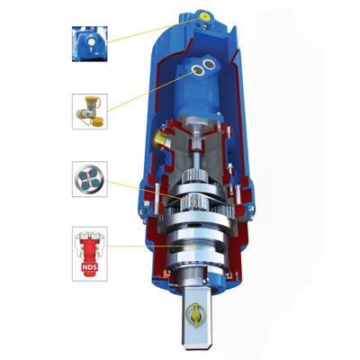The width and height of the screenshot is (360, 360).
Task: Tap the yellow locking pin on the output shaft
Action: [x=194, y=314]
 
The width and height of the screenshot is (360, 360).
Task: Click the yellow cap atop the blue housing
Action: [x=205, y=15]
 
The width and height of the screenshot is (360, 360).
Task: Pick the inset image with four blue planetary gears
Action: [x=90, y=179]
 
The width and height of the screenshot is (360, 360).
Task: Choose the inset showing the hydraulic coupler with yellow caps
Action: [x=90, y=112]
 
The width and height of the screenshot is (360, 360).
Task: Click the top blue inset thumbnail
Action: [x=90, y=44]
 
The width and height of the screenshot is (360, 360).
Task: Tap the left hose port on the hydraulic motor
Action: [x=197, y=70]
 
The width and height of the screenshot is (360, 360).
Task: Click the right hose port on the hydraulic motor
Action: [x=209, y=64]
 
